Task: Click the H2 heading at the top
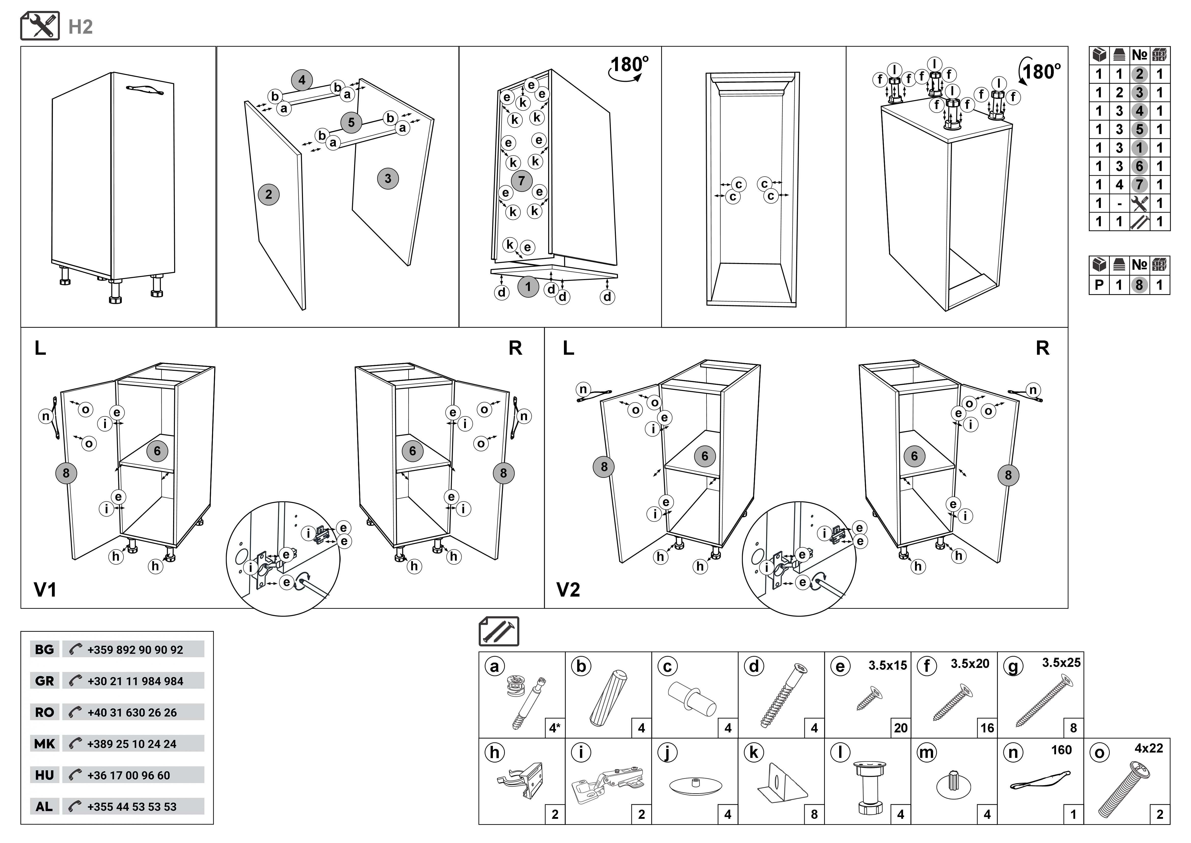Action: point(80,27)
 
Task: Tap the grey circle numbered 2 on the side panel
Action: point(268,195)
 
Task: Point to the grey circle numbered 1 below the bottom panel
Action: point(528,286)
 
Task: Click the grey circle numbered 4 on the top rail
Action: point(302,81)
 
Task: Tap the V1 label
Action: point(45,590)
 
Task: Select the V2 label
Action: point(568,590)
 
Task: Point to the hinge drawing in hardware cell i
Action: point(608,784)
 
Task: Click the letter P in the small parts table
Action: point(1099,285)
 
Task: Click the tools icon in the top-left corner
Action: point(40,26)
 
